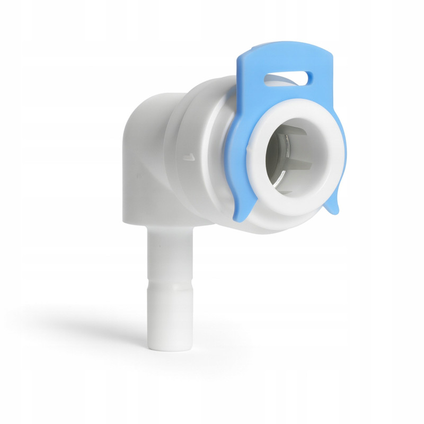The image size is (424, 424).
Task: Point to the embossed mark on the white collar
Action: (x=187, y=157)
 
